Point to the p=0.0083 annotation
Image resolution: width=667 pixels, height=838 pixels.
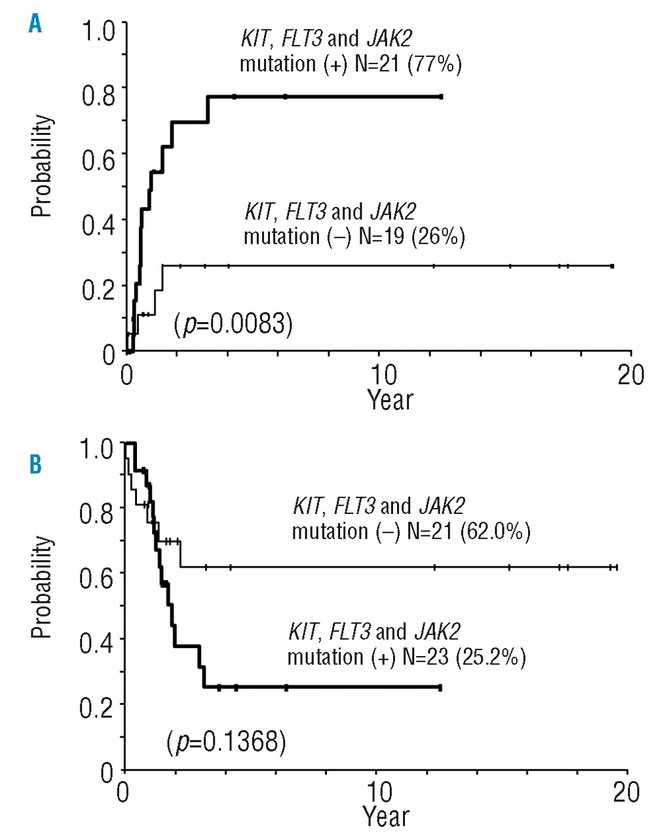pyautogui.click(x=233, y=324)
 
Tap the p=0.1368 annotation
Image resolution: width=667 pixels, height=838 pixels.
pyautogui.click(x=226, y=742)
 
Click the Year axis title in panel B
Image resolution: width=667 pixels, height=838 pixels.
pyautogui.click(x=386, y=816)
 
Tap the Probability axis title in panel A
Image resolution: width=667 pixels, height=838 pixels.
pyautogui.click(x=41, y=166)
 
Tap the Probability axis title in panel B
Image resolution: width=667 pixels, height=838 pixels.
pyautogui.click(x=41, y=587)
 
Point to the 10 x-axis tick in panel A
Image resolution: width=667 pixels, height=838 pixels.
pyautogui.click(x=383, y=375)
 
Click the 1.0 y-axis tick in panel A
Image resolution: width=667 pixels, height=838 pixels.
pyautogui.click(x=98, y=30)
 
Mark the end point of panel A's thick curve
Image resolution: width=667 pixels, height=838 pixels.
pyautogui.click(x=441, y=97)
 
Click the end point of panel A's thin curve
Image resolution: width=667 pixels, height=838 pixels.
pyautogui.click(x=612, y=266)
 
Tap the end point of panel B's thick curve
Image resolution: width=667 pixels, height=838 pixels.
pyautogui.click(x=440, y=688)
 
